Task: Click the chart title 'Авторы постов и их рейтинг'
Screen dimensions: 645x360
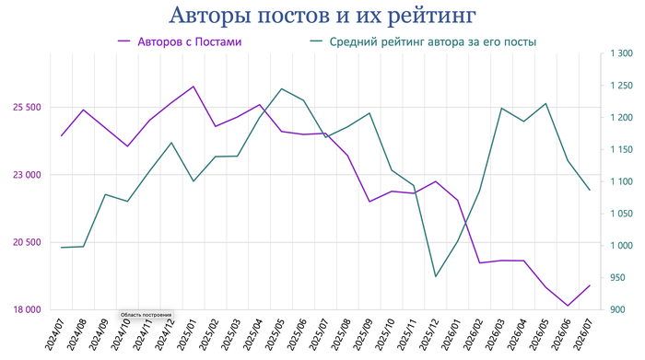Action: pos(322,16)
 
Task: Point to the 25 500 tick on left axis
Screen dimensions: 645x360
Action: pos(27,107)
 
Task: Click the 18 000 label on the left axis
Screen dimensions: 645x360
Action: pos(27,309)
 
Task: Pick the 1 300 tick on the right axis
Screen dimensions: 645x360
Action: pos(622,53)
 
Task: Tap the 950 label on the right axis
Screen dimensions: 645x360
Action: pos(617,278)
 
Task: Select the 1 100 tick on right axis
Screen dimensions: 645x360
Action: pos(622,181)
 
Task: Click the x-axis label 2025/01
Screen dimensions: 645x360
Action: pos(186,334)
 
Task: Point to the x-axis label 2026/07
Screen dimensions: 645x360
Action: pos(582,334)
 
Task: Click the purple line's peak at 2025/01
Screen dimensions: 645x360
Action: pos(193,87)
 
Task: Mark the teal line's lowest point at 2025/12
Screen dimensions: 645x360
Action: pos(435,276)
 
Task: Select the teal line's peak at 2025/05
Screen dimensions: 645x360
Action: pos(281,88)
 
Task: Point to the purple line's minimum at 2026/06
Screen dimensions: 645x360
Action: pos(568,306)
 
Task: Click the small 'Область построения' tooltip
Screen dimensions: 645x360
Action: pos(146,315)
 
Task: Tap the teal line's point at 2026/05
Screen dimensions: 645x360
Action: pos(545,103)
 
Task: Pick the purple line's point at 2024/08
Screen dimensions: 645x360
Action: pos(84,110)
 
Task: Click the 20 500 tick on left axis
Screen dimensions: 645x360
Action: pos(27,242)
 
